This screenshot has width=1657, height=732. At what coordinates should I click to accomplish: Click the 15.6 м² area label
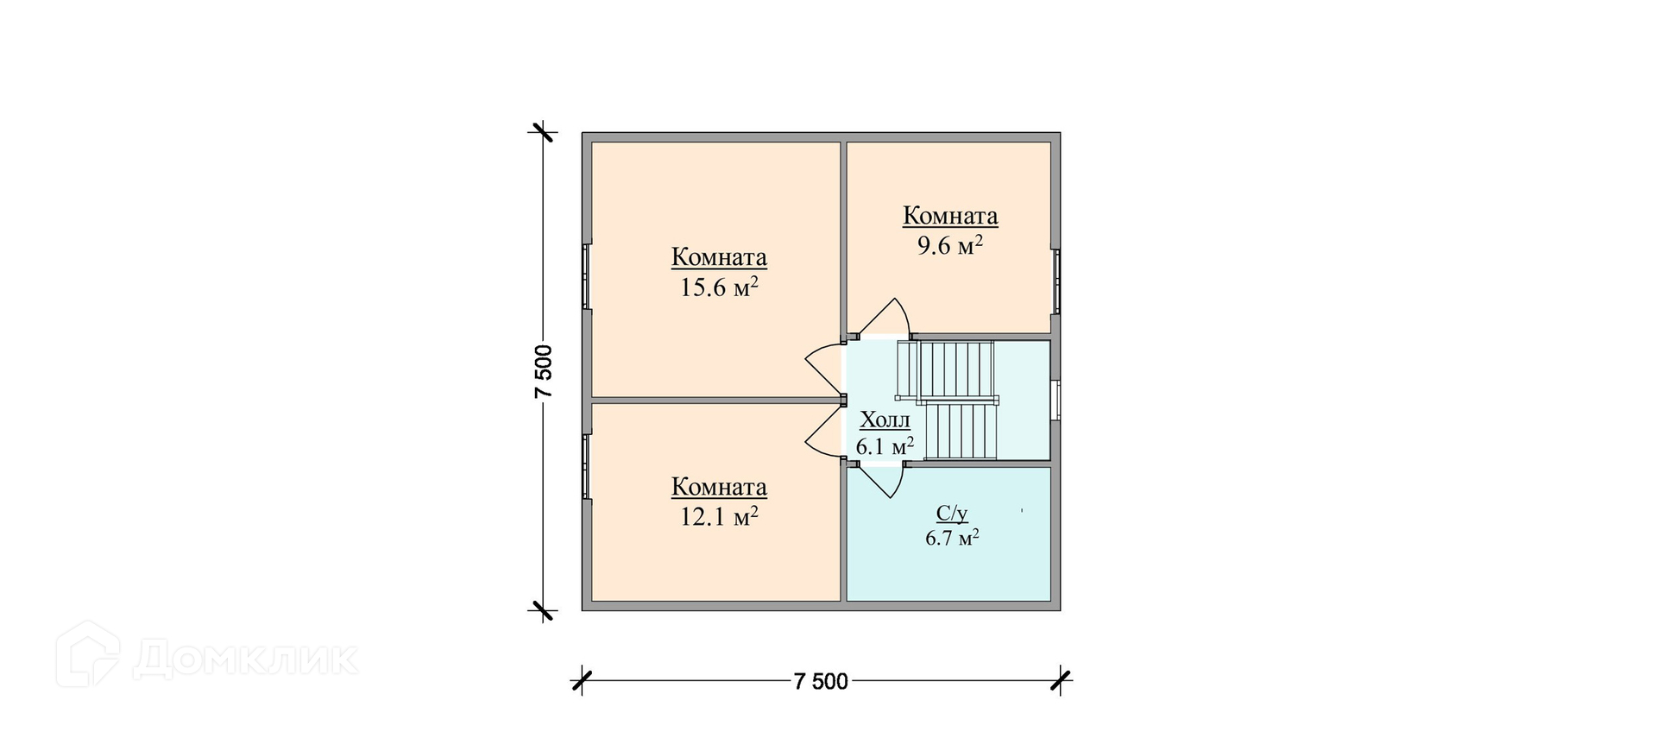tap(719, 287)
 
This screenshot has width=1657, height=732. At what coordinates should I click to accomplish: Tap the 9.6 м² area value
tap(950, 245)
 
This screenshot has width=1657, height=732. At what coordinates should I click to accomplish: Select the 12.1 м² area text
tap(719, 516)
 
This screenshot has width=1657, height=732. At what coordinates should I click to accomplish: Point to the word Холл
tap(885, 420)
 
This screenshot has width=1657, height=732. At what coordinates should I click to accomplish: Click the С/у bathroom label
tap(952, 514)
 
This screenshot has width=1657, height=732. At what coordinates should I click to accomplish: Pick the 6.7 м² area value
tap(952, 539)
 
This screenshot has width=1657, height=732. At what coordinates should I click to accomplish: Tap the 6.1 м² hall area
tap(885, 446)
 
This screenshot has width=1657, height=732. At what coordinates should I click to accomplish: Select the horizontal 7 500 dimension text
tap(820, 682)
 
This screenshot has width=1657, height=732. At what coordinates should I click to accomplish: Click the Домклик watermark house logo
tap(87, 654)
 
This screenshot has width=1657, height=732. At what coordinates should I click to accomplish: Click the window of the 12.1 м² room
tap(587, 467)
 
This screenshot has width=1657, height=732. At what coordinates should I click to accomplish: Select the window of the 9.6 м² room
tap(1056, 281)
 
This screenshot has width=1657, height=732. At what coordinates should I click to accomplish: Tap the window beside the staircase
tap(1056, 399)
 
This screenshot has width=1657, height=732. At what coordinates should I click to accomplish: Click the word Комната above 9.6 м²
tap(950, 216)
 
